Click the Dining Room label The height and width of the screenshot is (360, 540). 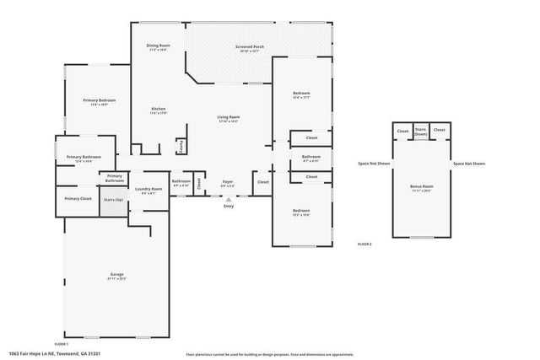159,46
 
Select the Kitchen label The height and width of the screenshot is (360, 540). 158,109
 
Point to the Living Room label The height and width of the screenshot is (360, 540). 228,116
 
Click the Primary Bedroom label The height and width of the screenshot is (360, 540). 99,99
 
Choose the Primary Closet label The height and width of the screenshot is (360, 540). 78,198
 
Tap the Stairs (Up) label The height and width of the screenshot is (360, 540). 113,199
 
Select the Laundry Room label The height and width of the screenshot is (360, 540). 148,189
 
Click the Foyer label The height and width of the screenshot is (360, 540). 228,180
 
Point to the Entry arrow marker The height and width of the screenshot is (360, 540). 228,198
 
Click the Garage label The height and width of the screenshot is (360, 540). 116,275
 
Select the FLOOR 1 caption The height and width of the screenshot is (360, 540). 62,344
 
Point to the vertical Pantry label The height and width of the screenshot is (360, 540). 181,146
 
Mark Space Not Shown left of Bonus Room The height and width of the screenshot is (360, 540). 374,164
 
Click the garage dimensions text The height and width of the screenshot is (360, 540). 116,279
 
